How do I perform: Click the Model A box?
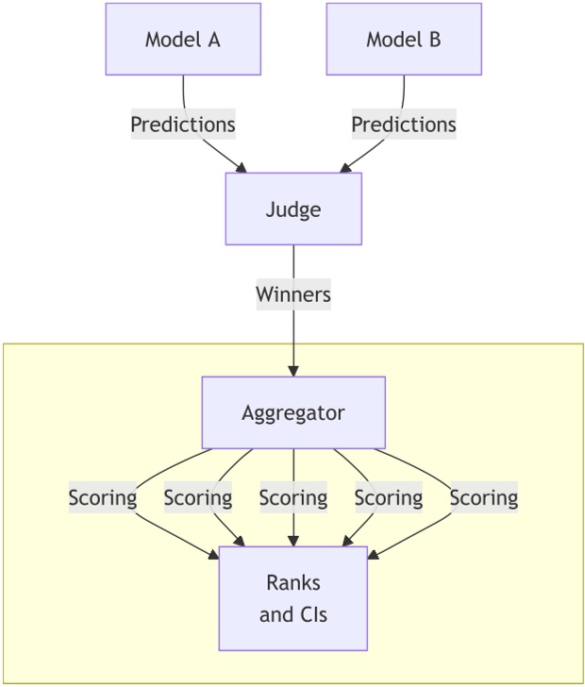click(183, 40)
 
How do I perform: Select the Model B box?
click(404, 40)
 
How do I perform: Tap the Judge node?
click(293, 209)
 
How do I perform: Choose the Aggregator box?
click(293, 412)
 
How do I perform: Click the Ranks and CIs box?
click(293, 598)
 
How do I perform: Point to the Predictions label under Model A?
click(183, 125)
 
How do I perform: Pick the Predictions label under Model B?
click(404, 125)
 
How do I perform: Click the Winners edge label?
click(293, 294)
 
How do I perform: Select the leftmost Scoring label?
click(103, 497)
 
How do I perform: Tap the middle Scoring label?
click(293, 497)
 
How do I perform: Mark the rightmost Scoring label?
click(484, 497)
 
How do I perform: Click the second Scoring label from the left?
click(198, 497)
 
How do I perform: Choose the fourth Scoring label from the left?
click(389, 497)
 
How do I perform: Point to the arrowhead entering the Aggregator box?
click(293, 370)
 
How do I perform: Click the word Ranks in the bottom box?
click(293, 583)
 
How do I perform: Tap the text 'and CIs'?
click(293, 615)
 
